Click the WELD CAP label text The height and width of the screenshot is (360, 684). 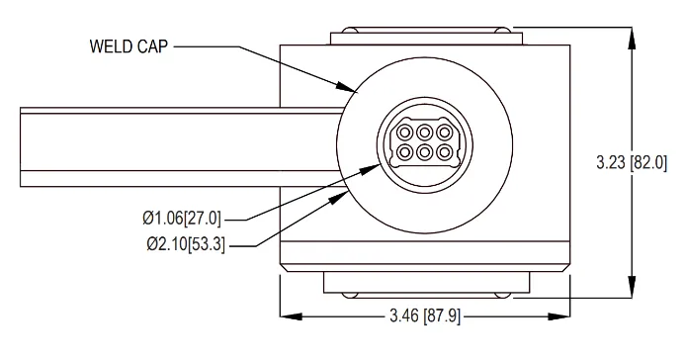[x=128, y=46]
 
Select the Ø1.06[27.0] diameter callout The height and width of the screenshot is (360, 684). [x=182, y=218]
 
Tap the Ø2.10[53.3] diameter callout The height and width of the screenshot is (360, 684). [x=186, y=244]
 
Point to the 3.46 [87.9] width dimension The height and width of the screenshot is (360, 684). [x=425, y=315]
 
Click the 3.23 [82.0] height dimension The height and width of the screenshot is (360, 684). [x=632, y=163]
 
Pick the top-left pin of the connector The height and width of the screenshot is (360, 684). [x=405, y=132]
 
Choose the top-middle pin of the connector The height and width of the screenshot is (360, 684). [x=424, y=132]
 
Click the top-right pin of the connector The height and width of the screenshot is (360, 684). [x=444, y=132]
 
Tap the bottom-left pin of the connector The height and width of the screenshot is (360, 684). [x=405, y=152]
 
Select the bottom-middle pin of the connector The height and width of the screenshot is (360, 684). [x=424, y=152]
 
